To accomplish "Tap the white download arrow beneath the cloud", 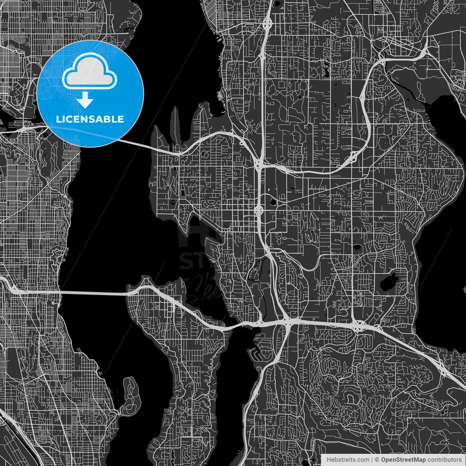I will click(85, 100).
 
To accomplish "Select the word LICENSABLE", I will click(90, 119).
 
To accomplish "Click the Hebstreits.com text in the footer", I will click(348, 460).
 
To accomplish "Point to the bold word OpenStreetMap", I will click(403, 460).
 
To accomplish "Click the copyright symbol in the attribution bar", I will click(377, 460).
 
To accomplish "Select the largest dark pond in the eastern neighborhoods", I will click(388, 282).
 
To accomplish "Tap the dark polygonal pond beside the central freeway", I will click(272, 201).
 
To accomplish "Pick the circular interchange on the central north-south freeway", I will click(259, 209).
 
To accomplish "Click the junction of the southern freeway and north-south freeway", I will click(288, 322).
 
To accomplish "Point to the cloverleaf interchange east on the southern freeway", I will click(359, 325).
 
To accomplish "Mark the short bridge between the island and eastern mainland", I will click(237, 326).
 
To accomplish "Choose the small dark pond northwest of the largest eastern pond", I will click(357, 247).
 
